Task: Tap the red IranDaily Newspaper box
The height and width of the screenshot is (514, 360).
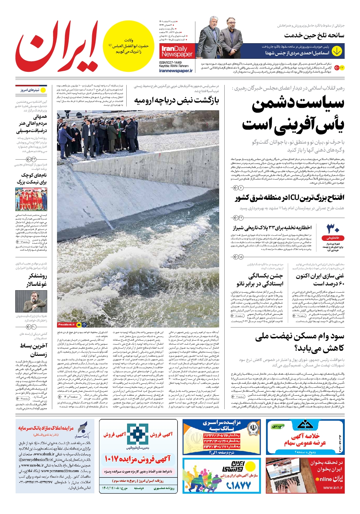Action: tap(177, 52)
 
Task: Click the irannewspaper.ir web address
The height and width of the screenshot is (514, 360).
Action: tap(176, 71)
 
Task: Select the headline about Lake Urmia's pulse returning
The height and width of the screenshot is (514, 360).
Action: tap(177, 100)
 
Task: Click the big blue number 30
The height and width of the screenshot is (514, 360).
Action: tap(333, 229)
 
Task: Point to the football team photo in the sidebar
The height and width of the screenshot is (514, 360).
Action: tap(31, 199)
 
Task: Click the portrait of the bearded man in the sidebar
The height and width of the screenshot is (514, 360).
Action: tap(31, 301)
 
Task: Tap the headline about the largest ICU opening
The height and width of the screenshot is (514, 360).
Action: tap(290, 198)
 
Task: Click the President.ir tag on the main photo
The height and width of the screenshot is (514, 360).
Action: tap(66, 325)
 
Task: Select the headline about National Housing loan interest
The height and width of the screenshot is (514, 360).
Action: tap(299, 342)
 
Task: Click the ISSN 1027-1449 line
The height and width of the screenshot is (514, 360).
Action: tap(170, 62)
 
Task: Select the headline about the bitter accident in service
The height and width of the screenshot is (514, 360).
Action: tap(314, 36)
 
